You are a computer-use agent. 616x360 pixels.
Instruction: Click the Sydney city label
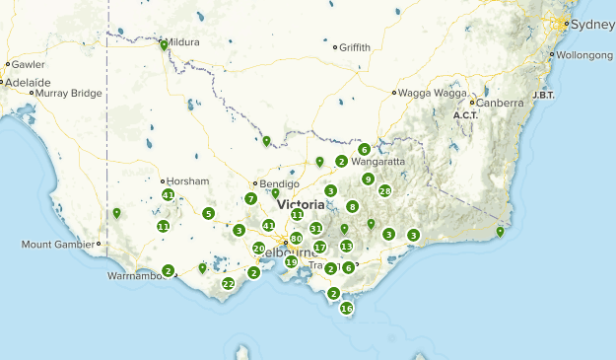(x=591, y=24)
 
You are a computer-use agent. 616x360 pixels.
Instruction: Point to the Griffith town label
(x=355, y=46)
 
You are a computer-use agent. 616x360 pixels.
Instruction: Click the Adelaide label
(x=27, y=82)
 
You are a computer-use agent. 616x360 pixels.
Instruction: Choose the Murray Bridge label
(x=66, y=93)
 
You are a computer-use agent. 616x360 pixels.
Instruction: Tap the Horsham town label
(x=188, y=181)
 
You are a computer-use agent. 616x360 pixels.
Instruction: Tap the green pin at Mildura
(x=164, y=44)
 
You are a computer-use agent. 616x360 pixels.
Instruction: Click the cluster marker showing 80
(x=296, y=239)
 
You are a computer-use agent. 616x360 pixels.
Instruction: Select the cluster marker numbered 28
(x=385, y=191)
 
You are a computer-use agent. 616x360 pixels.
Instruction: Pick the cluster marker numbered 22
(x=228, y=284)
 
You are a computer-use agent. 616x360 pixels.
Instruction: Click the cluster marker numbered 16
(x=346, y=309)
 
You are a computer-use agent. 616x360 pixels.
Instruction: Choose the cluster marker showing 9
(x=368, y=180)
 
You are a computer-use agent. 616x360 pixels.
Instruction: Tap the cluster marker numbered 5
(x=209, y=214)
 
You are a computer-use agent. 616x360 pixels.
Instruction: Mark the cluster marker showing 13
(x=346, y=247)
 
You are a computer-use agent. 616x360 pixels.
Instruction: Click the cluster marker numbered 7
(x=251, y=198)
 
